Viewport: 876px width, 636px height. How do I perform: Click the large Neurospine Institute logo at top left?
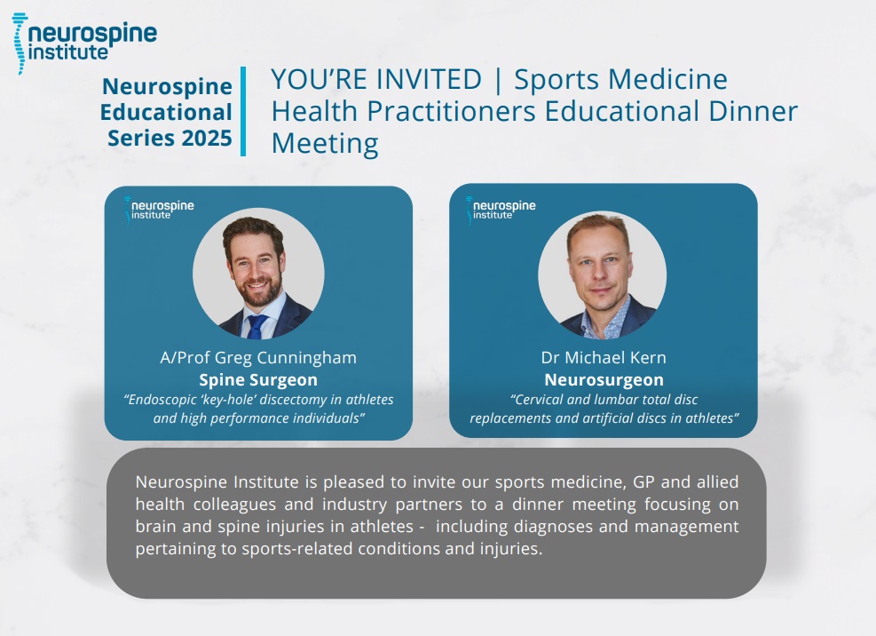point(84,43)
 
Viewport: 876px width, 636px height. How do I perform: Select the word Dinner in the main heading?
point(754,111)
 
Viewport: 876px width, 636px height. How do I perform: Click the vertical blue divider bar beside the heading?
point(243,111)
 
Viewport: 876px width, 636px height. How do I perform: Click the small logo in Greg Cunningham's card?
point(159,210)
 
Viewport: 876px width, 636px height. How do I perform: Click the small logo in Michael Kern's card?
point(501,210)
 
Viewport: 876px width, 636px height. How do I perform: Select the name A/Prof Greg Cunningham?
point(258,357)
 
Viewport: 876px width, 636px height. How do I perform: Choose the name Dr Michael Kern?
point(604,357)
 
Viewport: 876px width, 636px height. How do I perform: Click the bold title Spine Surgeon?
point(258,380)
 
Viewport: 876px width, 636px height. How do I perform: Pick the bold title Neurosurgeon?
point(604,380)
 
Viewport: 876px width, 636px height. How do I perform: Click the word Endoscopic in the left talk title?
point(158,400)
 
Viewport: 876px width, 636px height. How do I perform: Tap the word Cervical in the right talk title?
point(537,400)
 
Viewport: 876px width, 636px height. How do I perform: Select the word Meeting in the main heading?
point(325,143)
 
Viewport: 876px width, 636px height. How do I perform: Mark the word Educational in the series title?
point(166,113)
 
